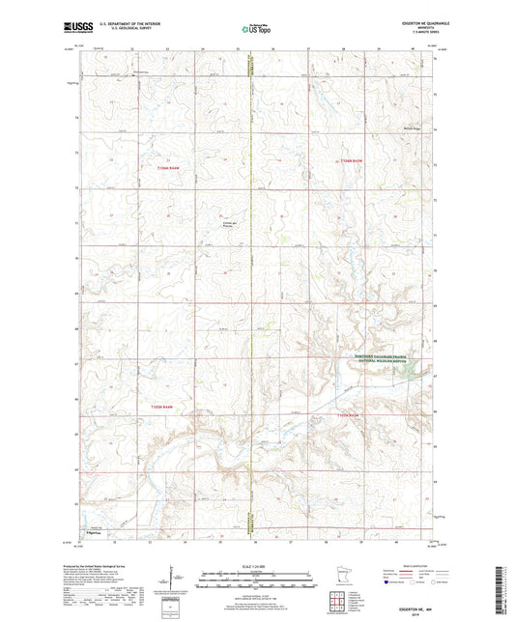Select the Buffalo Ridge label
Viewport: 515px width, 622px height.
tap(412, 127)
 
